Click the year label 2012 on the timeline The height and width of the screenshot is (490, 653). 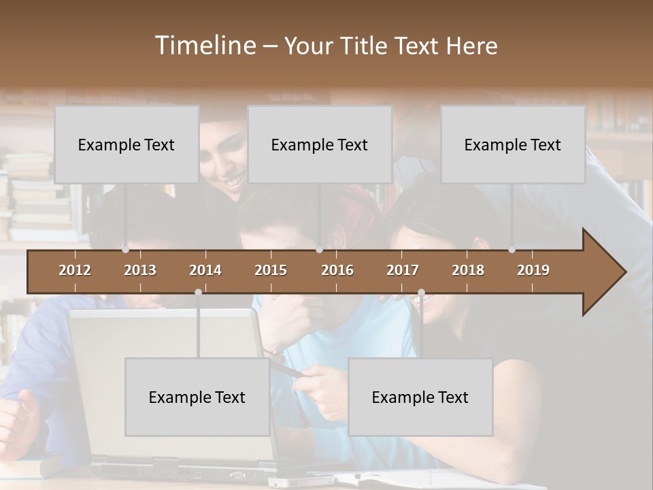click(75, 270)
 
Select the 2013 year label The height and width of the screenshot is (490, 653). click(140, 270)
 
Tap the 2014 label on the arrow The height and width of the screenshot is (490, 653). click(205, 270)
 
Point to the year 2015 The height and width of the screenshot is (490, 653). click(271, 270)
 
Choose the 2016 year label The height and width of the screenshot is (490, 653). click(337, 270)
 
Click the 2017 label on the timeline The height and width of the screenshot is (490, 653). click(403, 270)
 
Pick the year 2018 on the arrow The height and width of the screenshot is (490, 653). click(468, 270)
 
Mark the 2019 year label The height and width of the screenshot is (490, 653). click(533, 270)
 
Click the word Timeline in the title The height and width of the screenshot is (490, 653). click(205, 46)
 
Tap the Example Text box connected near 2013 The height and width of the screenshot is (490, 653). click(127, 144)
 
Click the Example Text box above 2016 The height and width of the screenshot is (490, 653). click(320, 144)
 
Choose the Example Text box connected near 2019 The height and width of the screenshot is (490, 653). click(513, 144)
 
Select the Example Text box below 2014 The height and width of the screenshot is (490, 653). click(197, 397)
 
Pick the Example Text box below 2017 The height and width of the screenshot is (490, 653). click(420, 397)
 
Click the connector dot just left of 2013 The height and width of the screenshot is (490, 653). click(125, 250)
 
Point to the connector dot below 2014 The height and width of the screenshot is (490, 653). click(198, 292)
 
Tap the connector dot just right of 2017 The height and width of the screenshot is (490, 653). click(421, 292)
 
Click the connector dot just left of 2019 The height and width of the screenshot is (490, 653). click(512, 250)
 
